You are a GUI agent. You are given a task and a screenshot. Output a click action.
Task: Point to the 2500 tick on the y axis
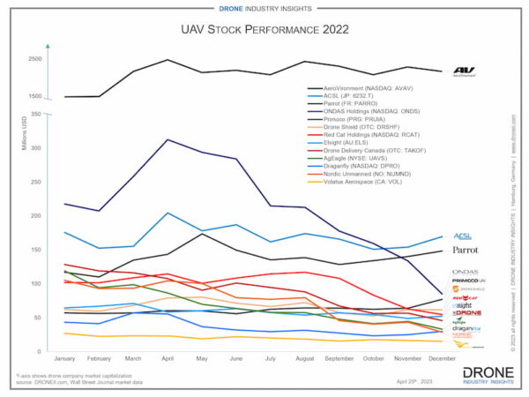(34, 59)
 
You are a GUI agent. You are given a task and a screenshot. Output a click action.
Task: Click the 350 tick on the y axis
(36, 114)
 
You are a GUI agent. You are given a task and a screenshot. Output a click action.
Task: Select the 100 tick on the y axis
(36, 283)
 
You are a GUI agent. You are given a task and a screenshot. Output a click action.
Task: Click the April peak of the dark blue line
(168, 139)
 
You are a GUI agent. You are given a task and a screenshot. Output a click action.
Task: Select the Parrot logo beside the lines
(465, 251)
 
